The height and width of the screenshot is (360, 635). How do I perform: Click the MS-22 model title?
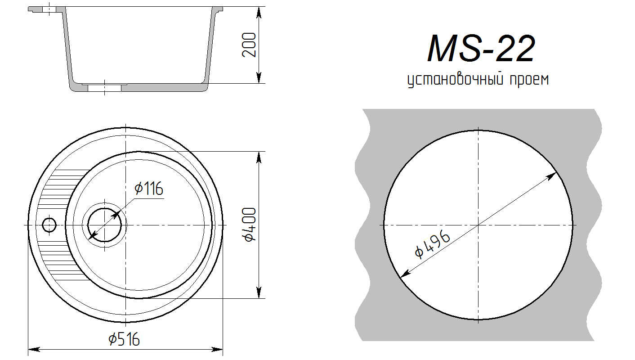481,49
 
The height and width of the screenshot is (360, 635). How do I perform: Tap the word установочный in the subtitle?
455,80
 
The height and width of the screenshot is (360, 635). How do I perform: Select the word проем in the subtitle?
529,80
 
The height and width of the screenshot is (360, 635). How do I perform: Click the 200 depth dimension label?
249,45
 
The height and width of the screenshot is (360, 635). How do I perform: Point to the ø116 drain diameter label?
149,188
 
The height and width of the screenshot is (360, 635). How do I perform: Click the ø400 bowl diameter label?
250,225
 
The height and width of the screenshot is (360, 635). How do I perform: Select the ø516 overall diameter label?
124,339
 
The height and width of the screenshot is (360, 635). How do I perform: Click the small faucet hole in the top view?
49,225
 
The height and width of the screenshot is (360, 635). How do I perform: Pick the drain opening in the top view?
105,225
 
